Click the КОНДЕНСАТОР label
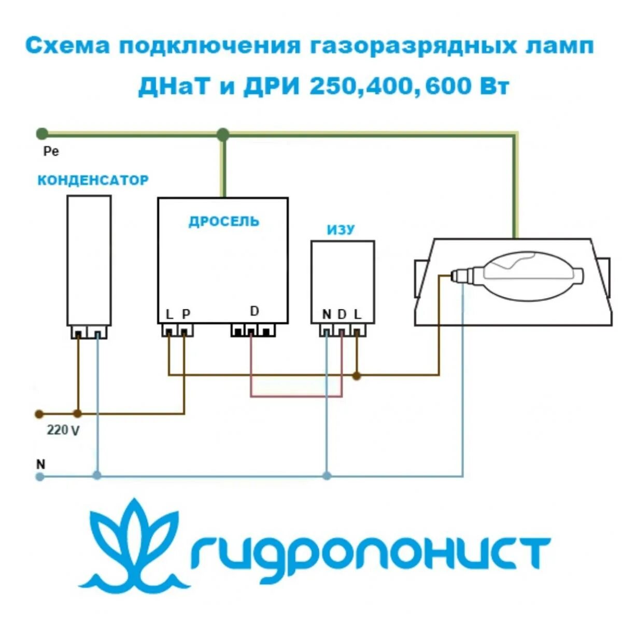click(93, 180)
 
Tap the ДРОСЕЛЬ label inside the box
click(223, 221)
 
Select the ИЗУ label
click(341, 230)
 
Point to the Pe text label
click(51, 151)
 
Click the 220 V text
click(63, 430)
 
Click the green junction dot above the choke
click(223, 135)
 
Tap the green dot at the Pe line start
click(42, 134)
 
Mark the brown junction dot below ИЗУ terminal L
click(357, 375)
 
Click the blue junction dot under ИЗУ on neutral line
click(327, 475)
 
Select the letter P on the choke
click(186, 314)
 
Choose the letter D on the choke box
click(254, 311)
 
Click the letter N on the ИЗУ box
click(326, 314)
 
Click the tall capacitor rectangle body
click(89, 260)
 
